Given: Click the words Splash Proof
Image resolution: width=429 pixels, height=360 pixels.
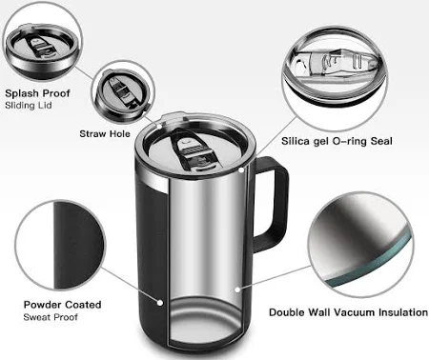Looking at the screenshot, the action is coord(37,93).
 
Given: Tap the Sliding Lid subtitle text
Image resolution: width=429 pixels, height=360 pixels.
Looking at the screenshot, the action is coord(29,106).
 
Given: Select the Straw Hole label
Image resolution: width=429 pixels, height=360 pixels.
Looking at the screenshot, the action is coord(105,133).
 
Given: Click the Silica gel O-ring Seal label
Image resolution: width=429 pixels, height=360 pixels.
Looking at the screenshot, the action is coord(337,141).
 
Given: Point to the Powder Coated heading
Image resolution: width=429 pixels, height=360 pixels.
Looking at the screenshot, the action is coord(62,305).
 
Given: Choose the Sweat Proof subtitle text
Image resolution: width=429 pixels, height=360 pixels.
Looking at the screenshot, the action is coord(51,317).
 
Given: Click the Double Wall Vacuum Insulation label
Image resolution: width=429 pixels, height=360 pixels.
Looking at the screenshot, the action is coord(348,312).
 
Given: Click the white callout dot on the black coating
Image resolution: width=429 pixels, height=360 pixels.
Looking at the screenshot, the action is coord(160,303).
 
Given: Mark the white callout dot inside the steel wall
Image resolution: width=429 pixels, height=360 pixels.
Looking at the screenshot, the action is coord(236,290).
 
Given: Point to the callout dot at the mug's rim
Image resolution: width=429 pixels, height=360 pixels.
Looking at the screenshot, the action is coord(241,170).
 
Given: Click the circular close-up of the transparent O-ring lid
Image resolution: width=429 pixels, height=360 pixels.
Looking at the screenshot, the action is coord(335,78).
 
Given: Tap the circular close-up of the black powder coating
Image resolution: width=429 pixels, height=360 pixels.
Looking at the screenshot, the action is coord(60,245).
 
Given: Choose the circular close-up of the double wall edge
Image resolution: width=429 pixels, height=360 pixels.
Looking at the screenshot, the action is coord(361,245).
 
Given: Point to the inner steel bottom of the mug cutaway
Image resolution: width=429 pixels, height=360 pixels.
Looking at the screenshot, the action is coord(206,321).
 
